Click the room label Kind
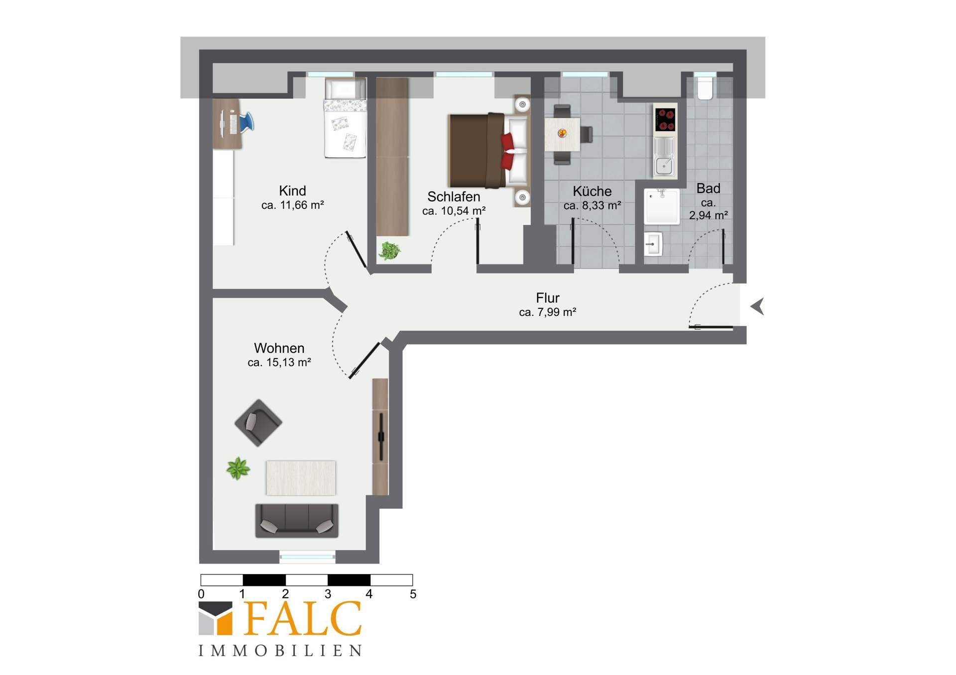coord(292,191)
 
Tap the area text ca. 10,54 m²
coord(454,211)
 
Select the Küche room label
coord(592,191)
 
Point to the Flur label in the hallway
coord(548,298)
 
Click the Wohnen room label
coord(279,348)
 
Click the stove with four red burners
coord(665,119)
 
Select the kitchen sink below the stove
coord(665,157)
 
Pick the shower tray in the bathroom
coord(662,206)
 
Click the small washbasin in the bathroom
coord(653,244)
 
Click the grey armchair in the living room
coord(258,423)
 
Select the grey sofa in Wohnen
coord(297,520)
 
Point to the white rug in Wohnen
coord(301,478)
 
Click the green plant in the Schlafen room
coord(389,250)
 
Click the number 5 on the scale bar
coord(413,594)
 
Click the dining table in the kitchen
coord(563,134)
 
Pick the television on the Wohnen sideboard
coord(381,437)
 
